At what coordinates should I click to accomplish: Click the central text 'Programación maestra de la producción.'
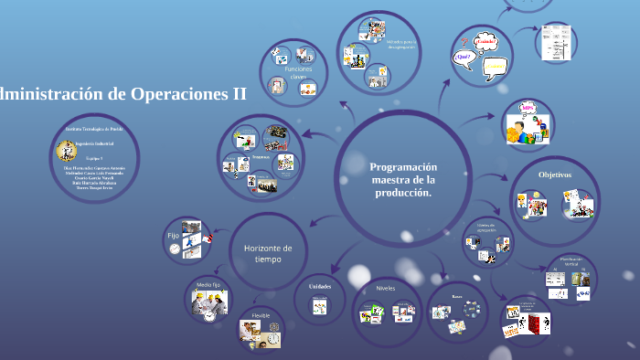[403, 180]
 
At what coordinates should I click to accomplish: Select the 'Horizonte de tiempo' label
[268, 253]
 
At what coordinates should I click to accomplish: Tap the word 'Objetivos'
[554, 174]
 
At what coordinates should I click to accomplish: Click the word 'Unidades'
[319, 286]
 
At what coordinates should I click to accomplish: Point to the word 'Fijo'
[173, 235]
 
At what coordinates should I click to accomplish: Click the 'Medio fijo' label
[208, 285]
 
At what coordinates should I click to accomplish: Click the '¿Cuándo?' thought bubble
[486, 41]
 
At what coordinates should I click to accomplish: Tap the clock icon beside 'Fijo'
[175, 249]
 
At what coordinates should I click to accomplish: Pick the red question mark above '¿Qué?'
[464, 41]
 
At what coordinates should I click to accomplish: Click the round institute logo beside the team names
[62, 148]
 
